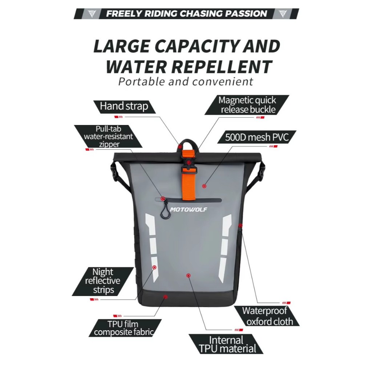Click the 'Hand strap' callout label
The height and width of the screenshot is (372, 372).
click(124, 106)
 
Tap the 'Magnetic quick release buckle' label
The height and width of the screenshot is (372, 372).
click(247, 105)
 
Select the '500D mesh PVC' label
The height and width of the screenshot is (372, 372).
click(257, 137)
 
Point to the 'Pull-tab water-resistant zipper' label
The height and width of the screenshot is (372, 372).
click(108, 137)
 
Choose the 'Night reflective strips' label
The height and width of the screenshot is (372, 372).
click(103, 281)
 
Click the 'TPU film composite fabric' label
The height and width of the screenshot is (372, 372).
click(124, 328)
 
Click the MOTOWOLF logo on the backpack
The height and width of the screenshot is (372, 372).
click(189, 210)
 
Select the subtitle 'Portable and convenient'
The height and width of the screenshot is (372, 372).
click(186, 82)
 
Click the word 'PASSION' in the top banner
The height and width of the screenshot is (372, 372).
click(246, 14)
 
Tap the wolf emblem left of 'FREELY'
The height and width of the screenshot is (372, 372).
click(92, 14)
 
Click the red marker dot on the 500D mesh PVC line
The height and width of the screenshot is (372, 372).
click(204, 186)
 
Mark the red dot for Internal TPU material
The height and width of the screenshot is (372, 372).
click(189, 275)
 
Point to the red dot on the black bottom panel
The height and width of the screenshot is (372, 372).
click(166, 297)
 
